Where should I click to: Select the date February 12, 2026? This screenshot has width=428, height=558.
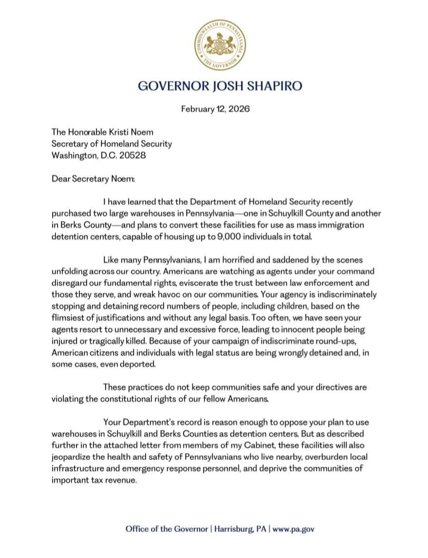point(215,109)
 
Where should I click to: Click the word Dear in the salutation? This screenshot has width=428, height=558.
point(61,178)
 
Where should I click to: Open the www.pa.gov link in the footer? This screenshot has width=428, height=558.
point(293,529)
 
